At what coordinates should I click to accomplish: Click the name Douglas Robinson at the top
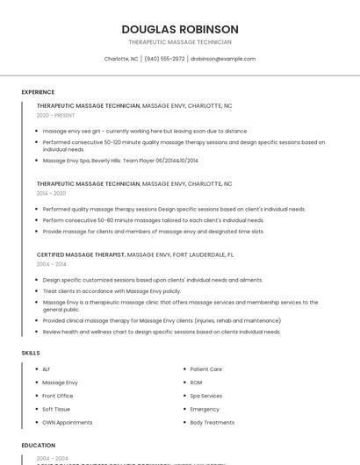(180, 29)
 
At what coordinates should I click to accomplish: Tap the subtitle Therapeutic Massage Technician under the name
(180, 42)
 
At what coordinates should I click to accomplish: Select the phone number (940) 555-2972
(164, 59)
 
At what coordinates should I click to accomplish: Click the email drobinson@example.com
(223, 59)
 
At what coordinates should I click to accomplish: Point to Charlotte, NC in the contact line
(121, 59)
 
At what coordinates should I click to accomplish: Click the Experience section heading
(38, 92)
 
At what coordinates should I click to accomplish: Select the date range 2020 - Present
(55, 115)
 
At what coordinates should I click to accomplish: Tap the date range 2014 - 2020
(51, 193)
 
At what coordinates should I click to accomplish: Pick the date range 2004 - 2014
(51, 263)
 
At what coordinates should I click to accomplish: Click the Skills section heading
(30, 352)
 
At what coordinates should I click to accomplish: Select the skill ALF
(47, 369)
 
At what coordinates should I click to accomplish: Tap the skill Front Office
(58, 396)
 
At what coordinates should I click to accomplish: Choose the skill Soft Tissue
(56, 409)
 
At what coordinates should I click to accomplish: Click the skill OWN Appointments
(67, 422)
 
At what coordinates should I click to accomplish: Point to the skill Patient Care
(205, 369)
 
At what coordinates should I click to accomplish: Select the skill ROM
(196, 383)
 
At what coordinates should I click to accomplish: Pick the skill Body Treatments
(212, 422)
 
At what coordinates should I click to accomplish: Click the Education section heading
(38, 445)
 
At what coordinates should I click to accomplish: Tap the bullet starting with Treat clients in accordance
(112, 290)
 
